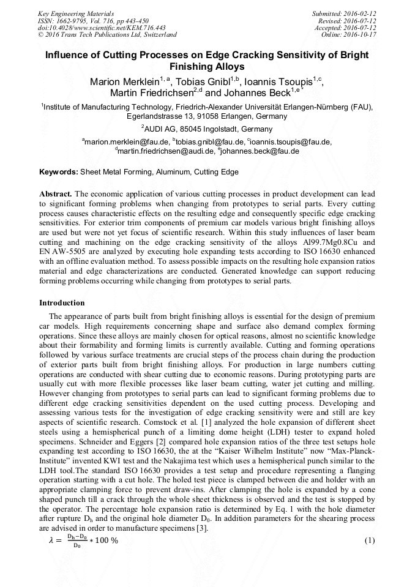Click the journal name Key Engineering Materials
click(75, 13)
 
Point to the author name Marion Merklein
click(125, 81)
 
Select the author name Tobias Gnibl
click(206, 81)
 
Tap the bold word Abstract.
click(56, 193)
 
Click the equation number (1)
click(369, 540)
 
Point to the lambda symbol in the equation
click(51, 540)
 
